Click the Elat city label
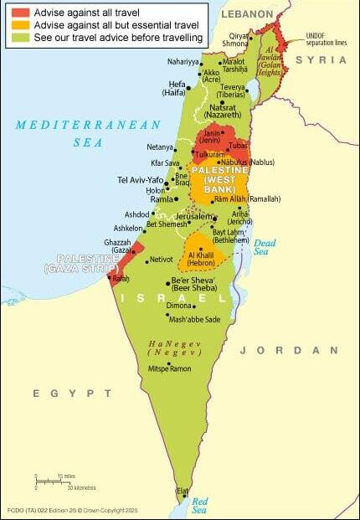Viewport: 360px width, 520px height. [182, 490]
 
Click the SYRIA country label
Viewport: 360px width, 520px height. [321, 60]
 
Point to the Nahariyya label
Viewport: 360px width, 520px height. [183, 62]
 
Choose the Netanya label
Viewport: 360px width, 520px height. [159, 147]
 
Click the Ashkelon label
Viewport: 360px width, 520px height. [128, 228]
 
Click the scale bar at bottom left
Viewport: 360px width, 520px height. [59, 481]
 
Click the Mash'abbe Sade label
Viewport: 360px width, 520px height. [194, 319]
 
